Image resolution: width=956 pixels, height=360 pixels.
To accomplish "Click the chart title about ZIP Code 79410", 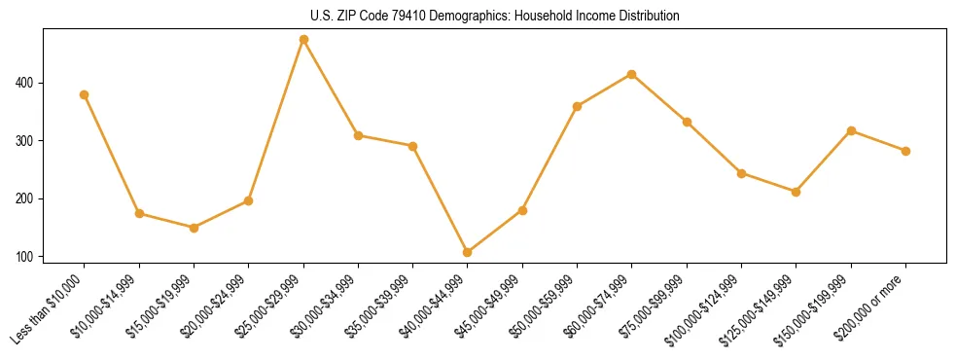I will click(x=494, y=17).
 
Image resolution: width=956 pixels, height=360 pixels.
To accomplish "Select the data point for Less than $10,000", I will click(x=85, y=94).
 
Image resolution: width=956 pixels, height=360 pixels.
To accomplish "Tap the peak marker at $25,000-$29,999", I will click(x=303, y=40).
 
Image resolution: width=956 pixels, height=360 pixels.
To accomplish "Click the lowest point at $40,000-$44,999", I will click(x=468, y=252).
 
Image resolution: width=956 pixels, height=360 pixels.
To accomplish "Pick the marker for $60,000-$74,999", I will click(x=632, y=74).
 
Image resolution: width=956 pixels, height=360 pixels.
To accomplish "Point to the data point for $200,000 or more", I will click(x=905, y=151).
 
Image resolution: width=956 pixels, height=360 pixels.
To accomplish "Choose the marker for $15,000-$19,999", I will click(x=194, y=228).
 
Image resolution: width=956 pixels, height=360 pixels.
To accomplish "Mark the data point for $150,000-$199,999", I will click(x=851, y=130).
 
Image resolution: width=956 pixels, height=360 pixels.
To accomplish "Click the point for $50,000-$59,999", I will click(x=578, y=106).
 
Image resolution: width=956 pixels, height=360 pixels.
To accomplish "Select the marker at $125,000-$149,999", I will click(x=797, y=192).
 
